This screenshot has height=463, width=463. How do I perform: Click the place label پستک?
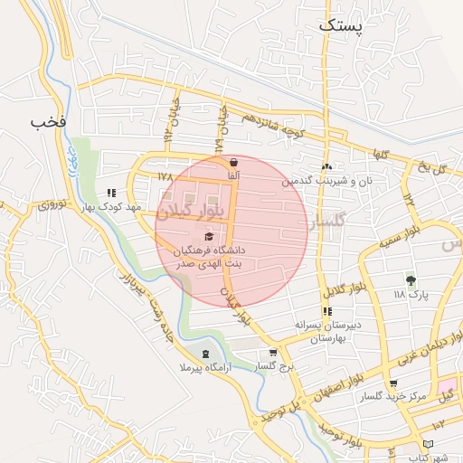coord(340,26)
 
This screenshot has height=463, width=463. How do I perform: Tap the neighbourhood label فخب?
coord(50,122)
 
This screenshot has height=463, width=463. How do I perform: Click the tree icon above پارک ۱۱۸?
coord(411,279)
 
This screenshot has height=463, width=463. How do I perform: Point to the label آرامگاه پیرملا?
coord(204,368)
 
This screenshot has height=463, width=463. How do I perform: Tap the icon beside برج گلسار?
coord(273,353)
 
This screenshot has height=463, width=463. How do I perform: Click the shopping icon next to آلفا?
coord(234,164)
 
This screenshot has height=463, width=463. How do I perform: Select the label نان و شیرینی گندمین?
coord(333,181)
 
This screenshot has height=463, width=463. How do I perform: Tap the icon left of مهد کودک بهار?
coord(111,193)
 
